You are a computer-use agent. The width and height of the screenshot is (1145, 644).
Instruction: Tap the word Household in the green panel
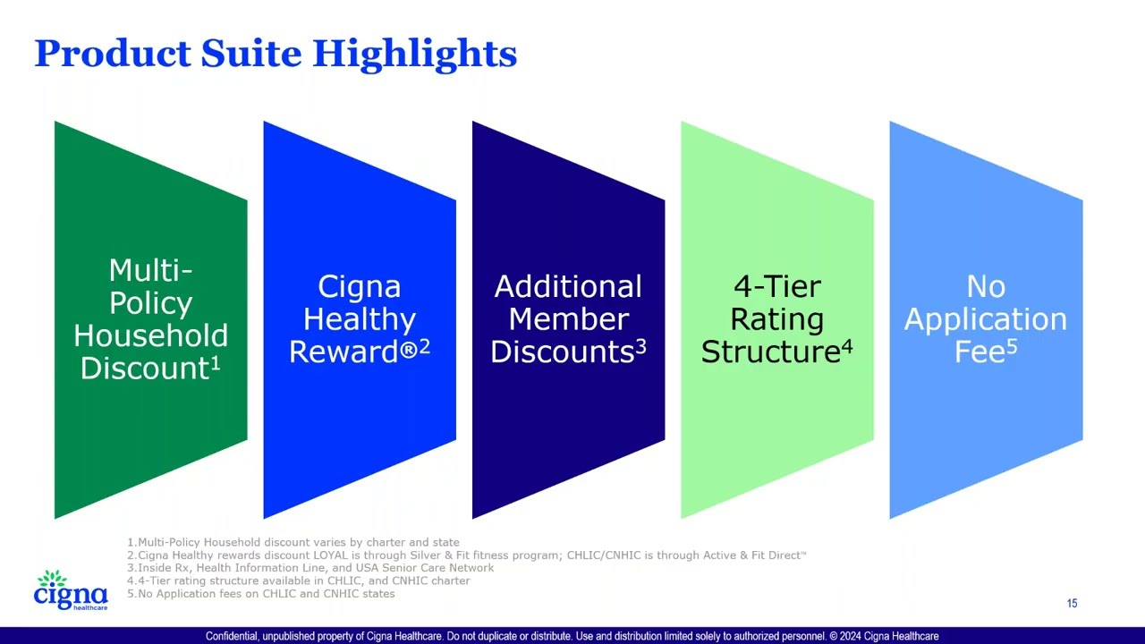[150, 336]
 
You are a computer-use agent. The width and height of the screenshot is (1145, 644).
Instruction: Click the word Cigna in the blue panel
[359, 287]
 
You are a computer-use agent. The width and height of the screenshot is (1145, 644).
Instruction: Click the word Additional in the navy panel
[568, 287]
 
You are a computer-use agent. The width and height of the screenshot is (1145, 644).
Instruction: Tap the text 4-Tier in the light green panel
[776, 287]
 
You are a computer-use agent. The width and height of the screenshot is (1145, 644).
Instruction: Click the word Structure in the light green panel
[769, 352]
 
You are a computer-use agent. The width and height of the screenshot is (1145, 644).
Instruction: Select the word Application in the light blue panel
[985, 319]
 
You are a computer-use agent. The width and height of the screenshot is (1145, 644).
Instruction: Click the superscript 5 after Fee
[1012, 345]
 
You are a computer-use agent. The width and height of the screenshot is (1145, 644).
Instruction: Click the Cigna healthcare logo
[71, 591]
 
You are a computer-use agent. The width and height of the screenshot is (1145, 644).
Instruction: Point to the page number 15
[1072, 604]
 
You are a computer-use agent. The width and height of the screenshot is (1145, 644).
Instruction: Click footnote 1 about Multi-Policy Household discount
[293, 542]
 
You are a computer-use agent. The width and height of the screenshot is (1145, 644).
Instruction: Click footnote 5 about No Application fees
[261, 593]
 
